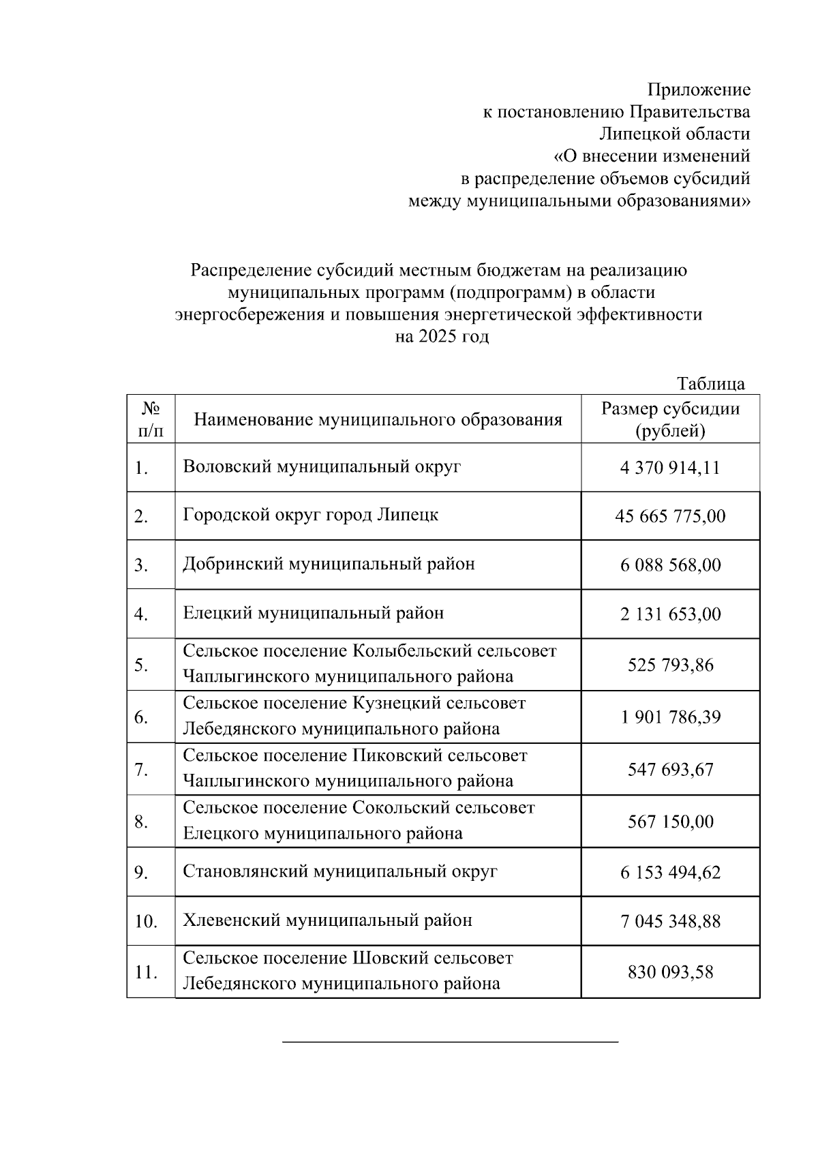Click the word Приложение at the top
(698, 89)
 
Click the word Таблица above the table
(711, 384)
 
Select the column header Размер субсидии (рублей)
(670, 419)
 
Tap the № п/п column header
(151, 419)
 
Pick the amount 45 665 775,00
(670, 516)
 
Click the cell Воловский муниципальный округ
(322, 467)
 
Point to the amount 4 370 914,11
(670, 468)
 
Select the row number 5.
(141, 665)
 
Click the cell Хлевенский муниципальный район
(327, 920)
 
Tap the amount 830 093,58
(670, 972)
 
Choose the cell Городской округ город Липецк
(310, 515)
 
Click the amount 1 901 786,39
(670, 717)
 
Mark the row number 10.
(146, 922)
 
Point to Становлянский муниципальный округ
(339, 871)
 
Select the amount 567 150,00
(670, 822)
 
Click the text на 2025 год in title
(442, 337)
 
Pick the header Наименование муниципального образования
(378, 419)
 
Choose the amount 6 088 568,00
(670, 565)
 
